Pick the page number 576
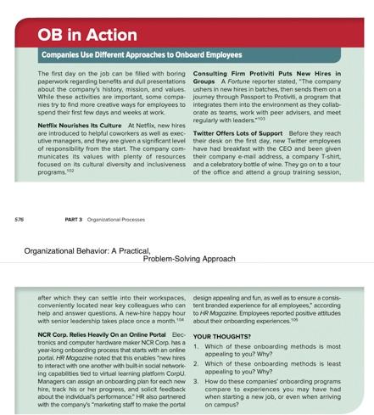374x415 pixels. (x=19, y=219)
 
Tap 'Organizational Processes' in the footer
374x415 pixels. (x=123, y=219)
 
